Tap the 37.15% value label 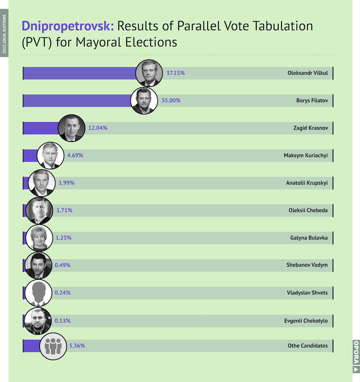176,73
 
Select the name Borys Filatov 312,100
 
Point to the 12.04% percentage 98,128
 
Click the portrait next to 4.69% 50,156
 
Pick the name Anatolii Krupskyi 307,183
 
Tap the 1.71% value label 64,210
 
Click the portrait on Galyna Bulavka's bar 39,238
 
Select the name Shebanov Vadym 307,265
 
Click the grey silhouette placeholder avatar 39,293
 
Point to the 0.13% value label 63,320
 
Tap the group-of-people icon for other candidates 53,346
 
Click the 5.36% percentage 77,346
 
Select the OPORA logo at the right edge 356,356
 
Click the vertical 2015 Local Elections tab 4,33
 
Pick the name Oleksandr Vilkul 308,73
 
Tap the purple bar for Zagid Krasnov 41,128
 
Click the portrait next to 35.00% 144,100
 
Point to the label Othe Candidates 308,346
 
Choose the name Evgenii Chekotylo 306,321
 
